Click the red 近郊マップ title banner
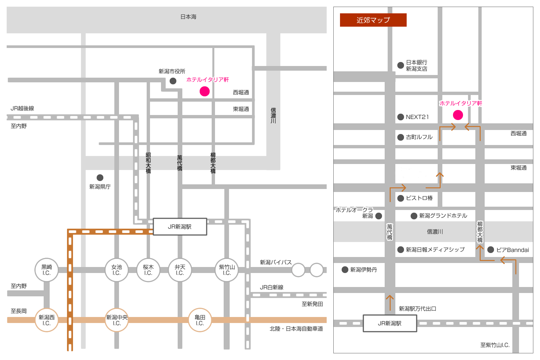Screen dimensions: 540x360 (x=373, y=20)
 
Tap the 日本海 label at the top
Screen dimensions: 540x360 (x=188, y=17)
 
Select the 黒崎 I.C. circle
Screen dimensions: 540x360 (x=47, y=270)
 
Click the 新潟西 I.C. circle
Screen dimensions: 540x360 (x=47, y=320)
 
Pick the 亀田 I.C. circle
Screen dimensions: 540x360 (x=200, y=320)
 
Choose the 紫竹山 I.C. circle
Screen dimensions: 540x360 (x=227, y=270)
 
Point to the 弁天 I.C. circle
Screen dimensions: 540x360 (x=180, y=270)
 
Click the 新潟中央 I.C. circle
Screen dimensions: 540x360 (x=117, y=320)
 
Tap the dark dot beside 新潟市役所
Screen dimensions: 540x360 (x=173, y=81)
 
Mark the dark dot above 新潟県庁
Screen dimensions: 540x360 (x=100, y=178)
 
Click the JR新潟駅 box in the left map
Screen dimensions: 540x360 (x=180, y=227)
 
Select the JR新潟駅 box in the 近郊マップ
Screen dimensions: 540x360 (x=390, y=323)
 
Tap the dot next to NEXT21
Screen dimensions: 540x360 (x=400, y=117)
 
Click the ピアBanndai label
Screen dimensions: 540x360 (x=513, y=250)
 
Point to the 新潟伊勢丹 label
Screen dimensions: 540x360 (x=364, y=270)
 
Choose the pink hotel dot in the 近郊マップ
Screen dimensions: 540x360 (x=458, y=115)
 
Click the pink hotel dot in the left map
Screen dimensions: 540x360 (x=205, y=91)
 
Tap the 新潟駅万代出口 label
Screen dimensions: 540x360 (x=418, y=309)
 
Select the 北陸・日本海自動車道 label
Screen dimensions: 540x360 (x=296, y=329)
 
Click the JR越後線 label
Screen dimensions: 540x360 (x=22, y=108)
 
